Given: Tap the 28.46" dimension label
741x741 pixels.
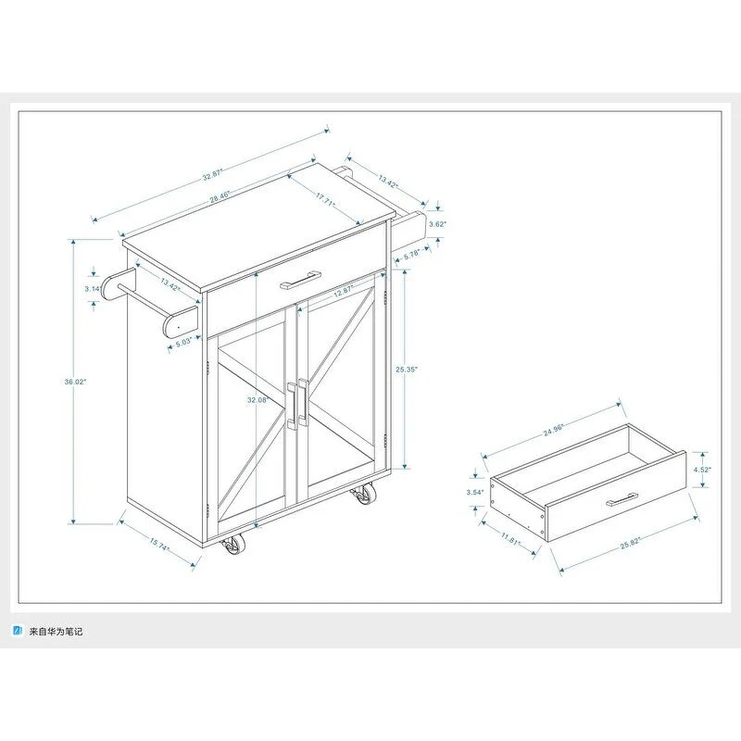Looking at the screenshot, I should click(220, 197).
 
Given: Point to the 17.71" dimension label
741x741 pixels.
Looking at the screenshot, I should click(325, 197).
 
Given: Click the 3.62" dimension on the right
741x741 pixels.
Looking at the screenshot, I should click(438, 223).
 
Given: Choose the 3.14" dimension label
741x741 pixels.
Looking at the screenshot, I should click(92, 289).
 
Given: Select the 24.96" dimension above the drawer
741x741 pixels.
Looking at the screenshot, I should click(553, 429).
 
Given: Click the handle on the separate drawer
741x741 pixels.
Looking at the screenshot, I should click(624, 501).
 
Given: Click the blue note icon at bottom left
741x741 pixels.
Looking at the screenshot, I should click(16, 631).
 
